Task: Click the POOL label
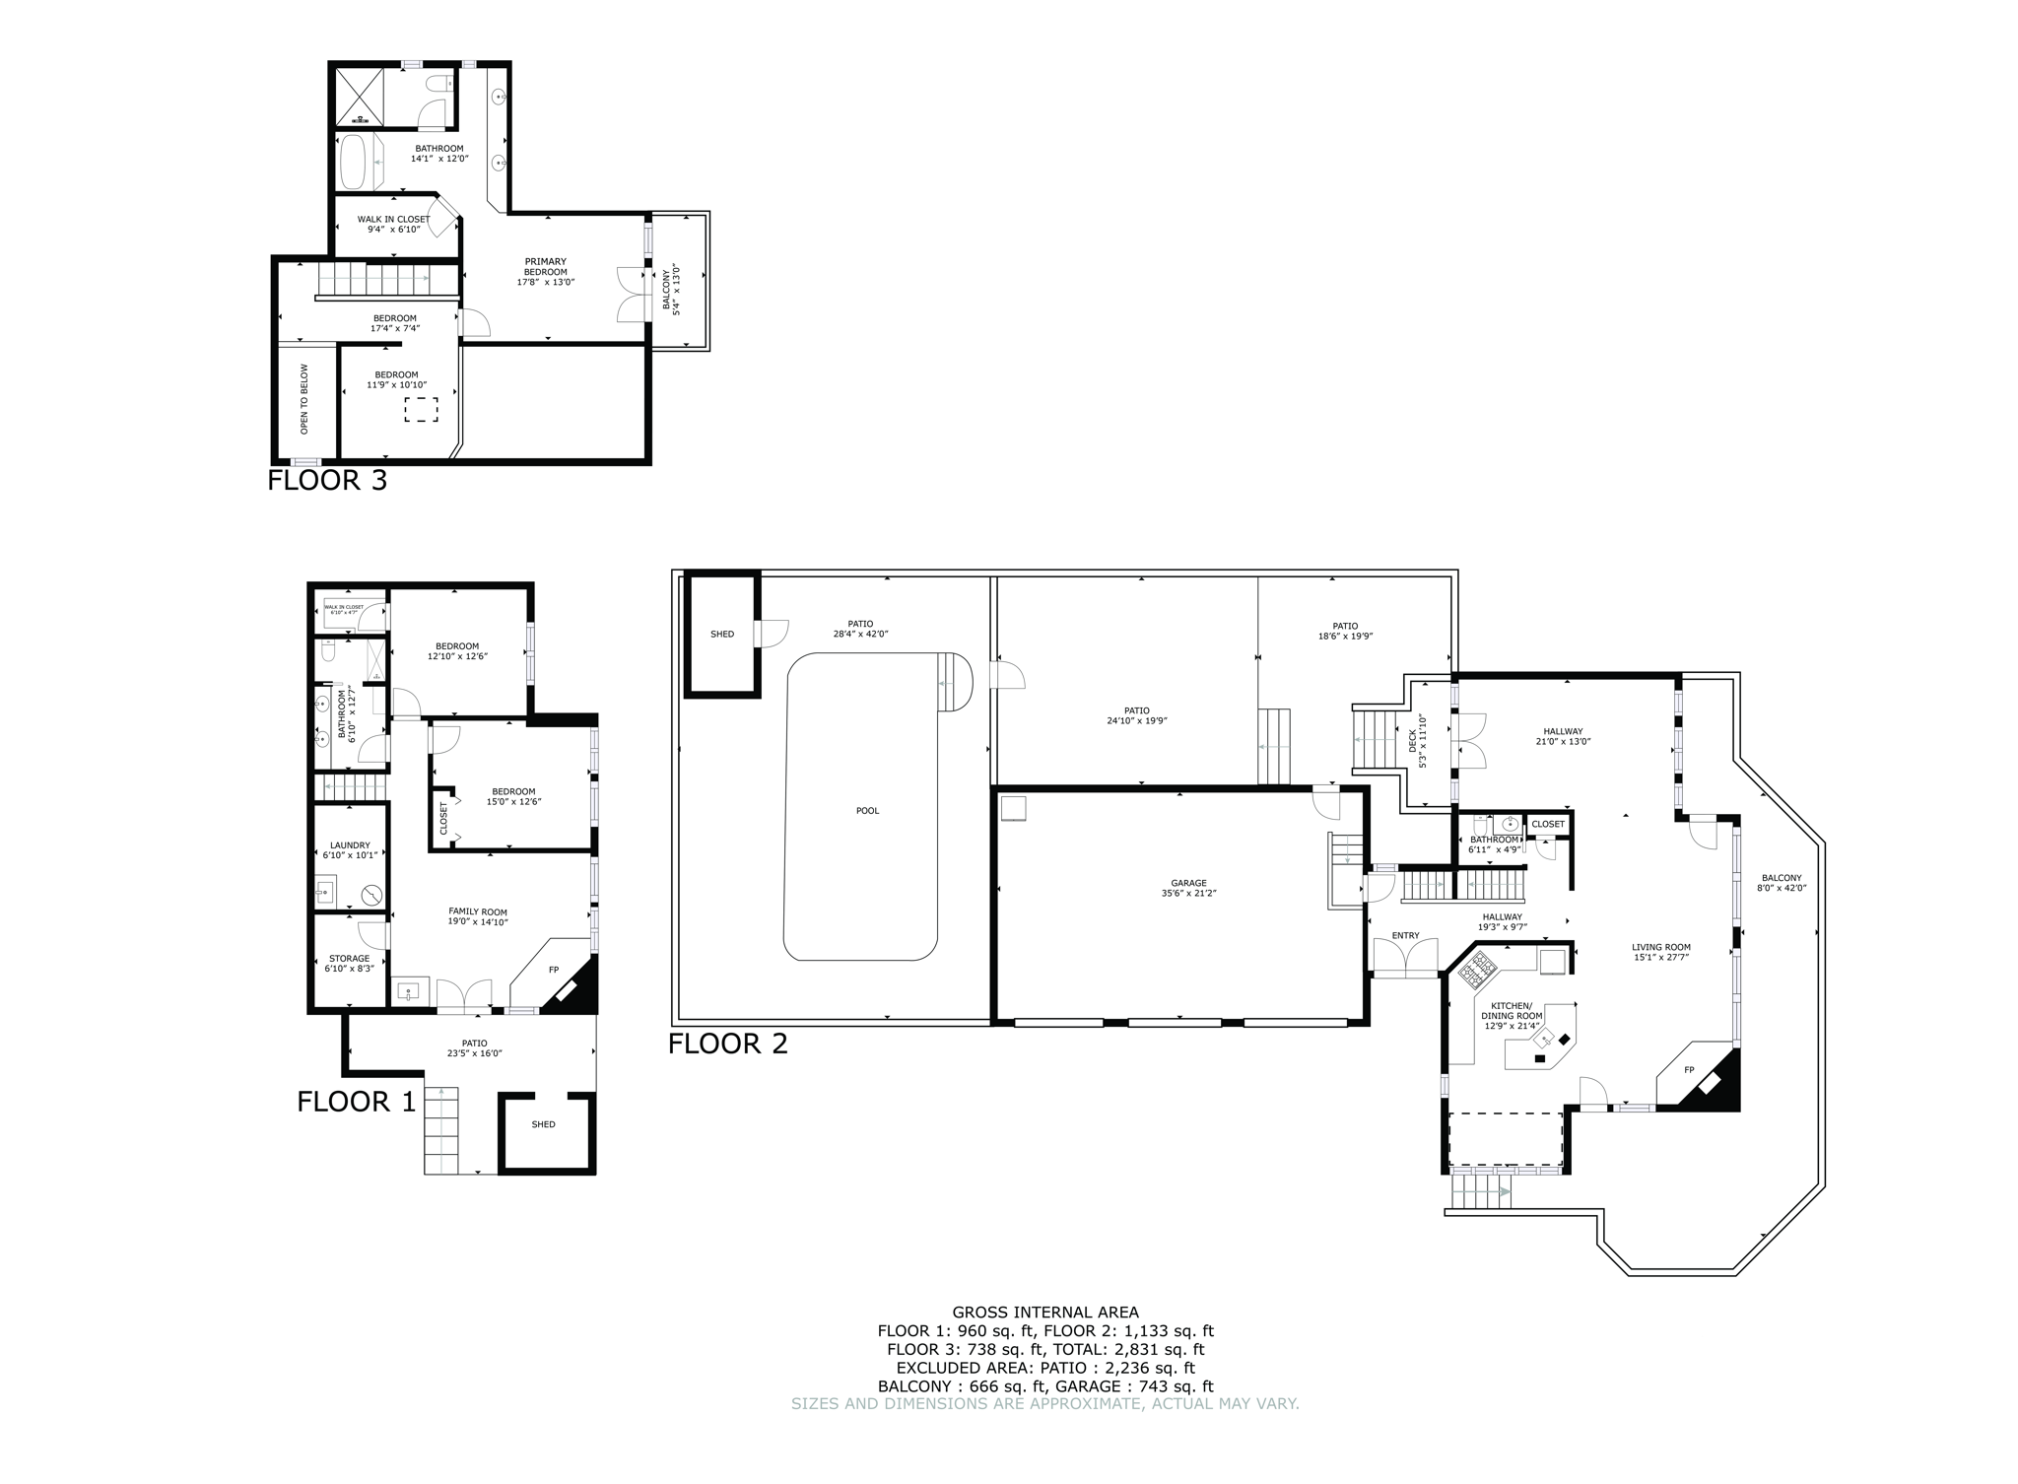click(x=867, y=811)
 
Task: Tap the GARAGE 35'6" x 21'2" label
click(x=1189, y=889)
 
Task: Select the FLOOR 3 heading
click(x=327, y=481)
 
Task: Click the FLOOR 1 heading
click(x=357, y=1102)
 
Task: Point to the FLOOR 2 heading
click(x=728, y=1044)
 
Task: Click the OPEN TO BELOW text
click(x=304, y=399)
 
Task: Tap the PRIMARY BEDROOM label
click(x=545, y=272)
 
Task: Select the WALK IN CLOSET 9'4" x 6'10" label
click(x=393, y=225)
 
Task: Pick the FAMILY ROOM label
click(x=478, y=917)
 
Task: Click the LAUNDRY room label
click(x=350, y=850)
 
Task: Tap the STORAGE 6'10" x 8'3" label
click(x=349, y=964)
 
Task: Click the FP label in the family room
click(x=554, y=970)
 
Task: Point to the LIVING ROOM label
click(x=1660, y=952)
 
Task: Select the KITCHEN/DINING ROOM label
click(x=1512, y=1020)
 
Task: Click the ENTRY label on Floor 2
click(x=1405, y=935)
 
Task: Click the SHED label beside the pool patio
click(x=721, y=634)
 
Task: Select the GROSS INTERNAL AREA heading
click(x=1044, y=1313)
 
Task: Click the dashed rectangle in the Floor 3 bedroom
click(x=421, y=410)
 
